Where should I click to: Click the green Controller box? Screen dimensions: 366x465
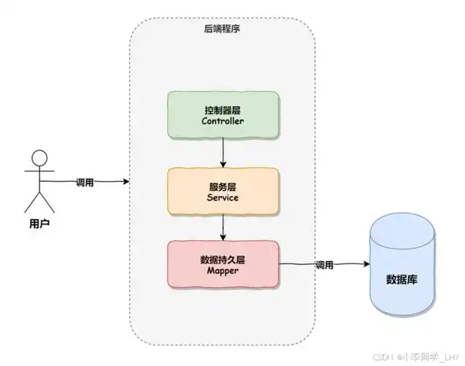[223, 114]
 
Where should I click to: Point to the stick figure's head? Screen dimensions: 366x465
[39, 158]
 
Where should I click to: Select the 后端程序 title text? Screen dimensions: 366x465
[222, 29]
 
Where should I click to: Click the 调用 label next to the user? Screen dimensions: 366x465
[84, 182]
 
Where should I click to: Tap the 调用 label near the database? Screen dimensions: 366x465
[324, 264]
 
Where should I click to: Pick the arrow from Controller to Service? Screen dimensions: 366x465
[223, 152]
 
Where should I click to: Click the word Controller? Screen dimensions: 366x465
[223, 122]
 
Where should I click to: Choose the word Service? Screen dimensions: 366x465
[223, 198]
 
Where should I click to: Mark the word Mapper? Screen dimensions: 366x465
[223, 271]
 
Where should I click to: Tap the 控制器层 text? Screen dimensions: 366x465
[223, 109]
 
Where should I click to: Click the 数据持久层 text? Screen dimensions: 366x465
[223, 258]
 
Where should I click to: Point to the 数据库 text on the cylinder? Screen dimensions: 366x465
[402, 279]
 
